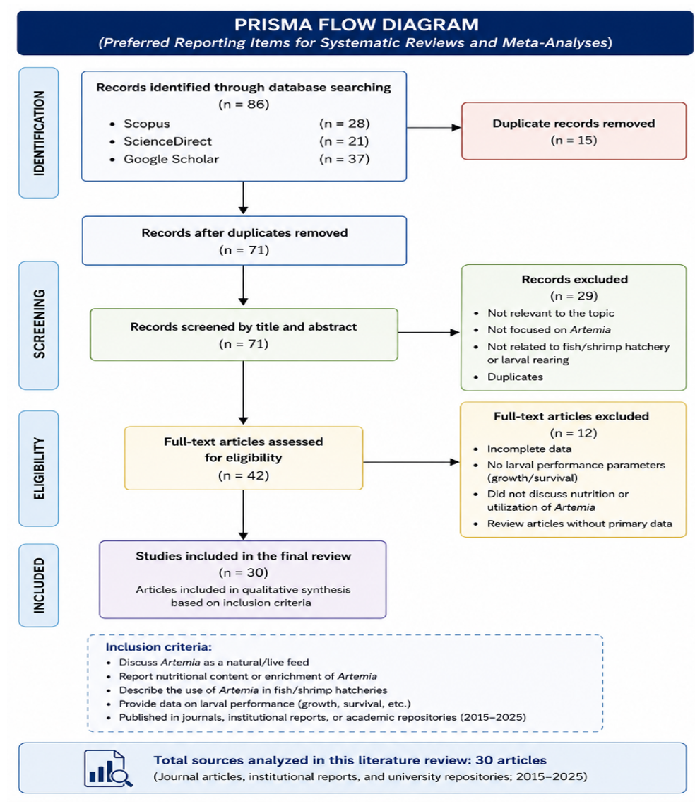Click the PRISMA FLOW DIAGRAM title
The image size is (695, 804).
click(357, 24)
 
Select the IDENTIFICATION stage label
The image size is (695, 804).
click(39, 133)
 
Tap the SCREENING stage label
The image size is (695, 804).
click(39, 324)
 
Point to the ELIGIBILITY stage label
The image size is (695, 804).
click(39, 468)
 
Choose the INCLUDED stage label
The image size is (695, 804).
click(39, 585)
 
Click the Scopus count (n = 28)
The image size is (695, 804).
click(345, 124)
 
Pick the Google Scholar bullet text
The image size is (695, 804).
click(171, 159)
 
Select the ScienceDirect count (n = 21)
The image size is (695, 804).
click(345, 141)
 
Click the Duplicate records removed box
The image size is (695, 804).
click(574, 131)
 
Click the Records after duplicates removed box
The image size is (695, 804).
click(244, 240)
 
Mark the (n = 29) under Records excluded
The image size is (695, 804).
click(574, 296)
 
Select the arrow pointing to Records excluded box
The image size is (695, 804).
click(429, 332)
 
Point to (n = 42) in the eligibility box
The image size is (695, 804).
click(244, 475)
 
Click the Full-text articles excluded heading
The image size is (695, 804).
click(571, 416)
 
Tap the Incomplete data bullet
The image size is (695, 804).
click(529, 449)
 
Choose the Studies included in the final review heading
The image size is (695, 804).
click(244, 556)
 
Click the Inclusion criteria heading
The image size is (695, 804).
click(158, 646)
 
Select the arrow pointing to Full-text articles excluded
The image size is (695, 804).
click(411, 462)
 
